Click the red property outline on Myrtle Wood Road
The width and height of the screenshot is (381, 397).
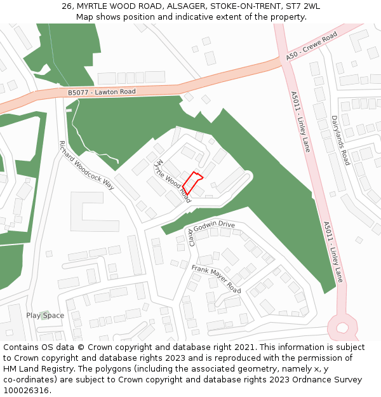193,182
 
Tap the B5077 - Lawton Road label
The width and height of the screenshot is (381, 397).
102,92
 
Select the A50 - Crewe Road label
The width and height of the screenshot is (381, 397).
311,48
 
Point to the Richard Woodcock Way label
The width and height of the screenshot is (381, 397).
86,165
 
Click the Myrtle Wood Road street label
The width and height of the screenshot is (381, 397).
173,177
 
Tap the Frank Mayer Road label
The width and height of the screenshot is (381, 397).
216,279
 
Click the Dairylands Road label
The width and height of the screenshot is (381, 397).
340,140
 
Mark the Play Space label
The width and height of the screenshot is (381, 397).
45,315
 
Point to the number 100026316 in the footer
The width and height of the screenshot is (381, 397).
25,390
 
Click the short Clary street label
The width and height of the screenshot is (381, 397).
190,235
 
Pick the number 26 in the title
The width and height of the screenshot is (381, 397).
67,6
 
